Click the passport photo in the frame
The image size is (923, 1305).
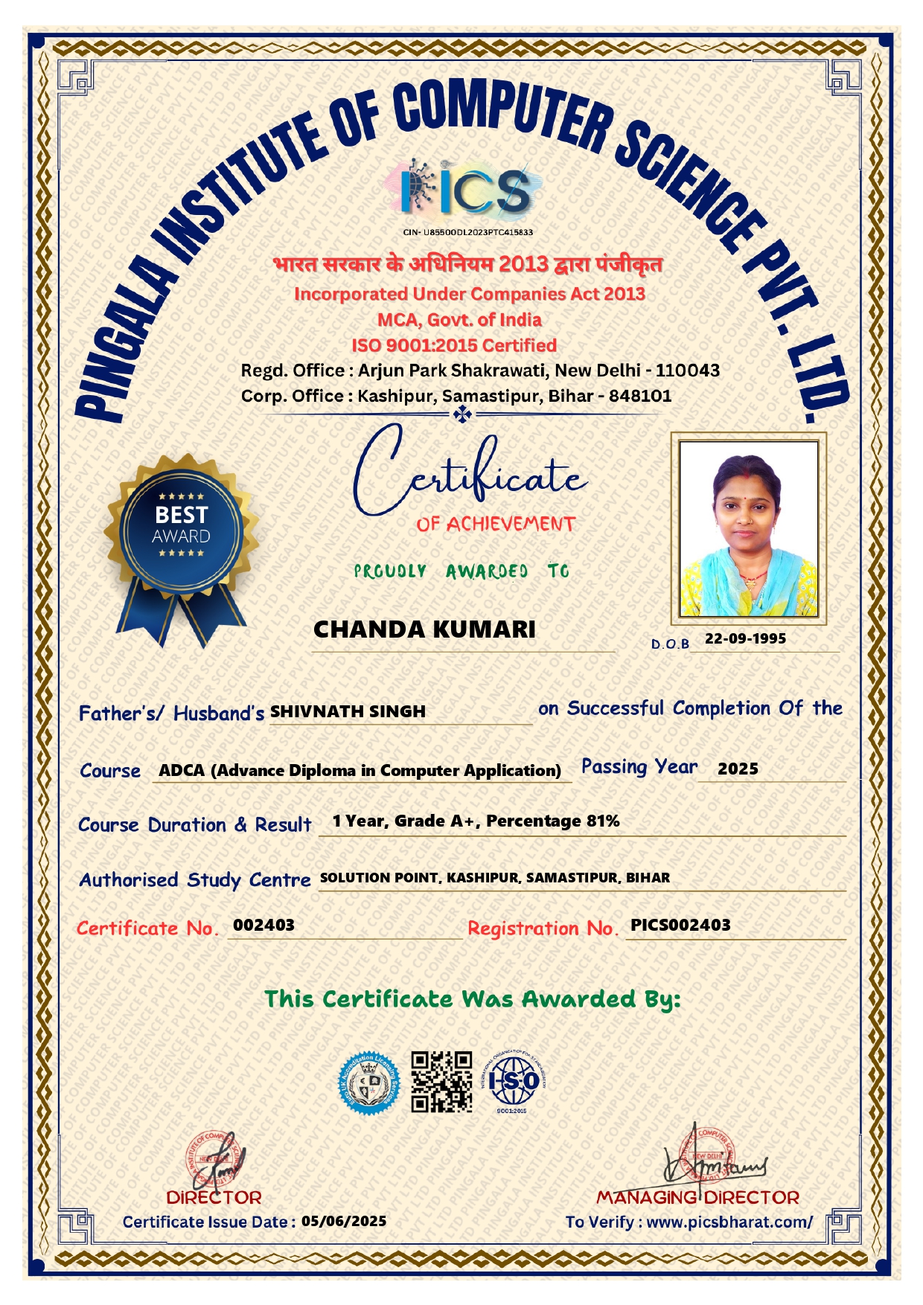[748, 529]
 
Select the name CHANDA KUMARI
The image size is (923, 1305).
[424, 629]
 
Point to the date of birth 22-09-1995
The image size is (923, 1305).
[745, 638]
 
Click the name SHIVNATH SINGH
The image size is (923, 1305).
[348, 712]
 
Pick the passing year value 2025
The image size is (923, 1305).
[738, 769]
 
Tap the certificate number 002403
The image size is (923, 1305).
[264, 925]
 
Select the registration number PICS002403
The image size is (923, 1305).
[680, 925]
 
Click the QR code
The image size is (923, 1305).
[442, 1081]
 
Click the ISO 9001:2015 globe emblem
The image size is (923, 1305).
[514, 1081]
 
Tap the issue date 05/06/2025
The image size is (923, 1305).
[344, 1221]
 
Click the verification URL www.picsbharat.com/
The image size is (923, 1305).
[729, 1222]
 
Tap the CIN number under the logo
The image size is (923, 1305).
[468, 232]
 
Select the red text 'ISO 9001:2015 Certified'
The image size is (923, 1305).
[454, 345]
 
